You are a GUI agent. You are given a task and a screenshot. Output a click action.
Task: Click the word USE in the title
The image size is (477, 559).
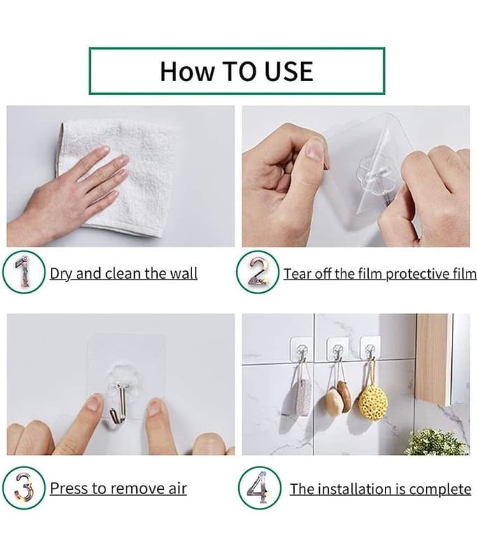point(278,71)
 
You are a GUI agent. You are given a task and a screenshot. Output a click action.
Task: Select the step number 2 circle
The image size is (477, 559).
point(258,273)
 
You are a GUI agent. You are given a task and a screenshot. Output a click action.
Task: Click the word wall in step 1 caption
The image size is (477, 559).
point(183,273)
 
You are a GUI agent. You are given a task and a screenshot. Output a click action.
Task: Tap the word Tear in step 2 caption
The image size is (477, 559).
point(298,273)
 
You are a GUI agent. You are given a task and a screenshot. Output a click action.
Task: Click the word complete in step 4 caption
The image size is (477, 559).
point(440,488)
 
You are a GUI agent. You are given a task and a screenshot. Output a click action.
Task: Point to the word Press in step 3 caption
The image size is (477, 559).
point(69,488)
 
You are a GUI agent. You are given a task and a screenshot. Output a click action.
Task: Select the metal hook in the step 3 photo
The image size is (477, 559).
point(119,402)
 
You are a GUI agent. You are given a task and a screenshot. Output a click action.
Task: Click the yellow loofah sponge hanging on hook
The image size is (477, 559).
point(372,400)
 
